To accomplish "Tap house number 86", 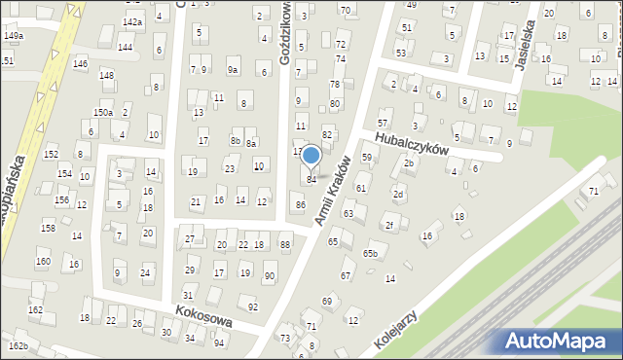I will [301, 205].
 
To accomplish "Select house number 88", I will [284, 244].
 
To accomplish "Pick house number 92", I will [253, 307].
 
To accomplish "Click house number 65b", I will [370, 254].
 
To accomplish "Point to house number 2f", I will [388, 226].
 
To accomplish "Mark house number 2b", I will [410, 163].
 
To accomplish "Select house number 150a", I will [102, 113].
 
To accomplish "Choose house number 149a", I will [13, 35].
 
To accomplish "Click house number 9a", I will [233, 70].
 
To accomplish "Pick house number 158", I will [48, 228].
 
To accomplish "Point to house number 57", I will [383, 124].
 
